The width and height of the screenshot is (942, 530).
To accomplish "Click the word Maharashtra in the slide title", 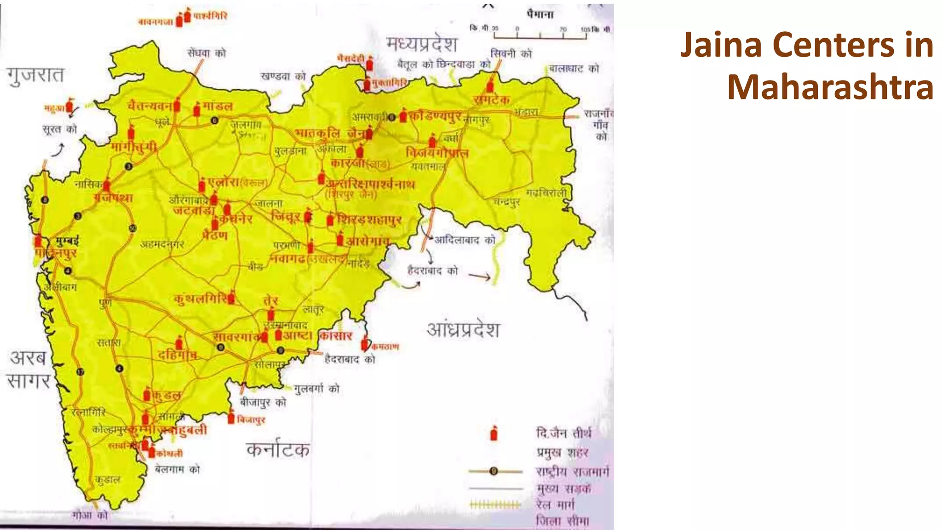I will coord(830,87).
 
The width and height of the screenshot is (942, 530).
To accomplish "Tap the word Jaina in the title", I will coord(721,45).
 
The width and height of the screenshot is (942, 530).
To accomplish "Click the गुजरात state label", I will coord(35,75).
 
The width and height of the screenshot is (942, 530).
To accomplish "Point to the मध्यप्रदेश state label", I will coord(422,44).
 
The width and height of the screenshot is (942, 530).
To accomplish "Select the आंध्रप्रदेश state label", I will coord(463,329).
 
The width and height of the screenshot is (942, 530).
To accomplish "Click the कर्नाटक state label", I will coord(278,449).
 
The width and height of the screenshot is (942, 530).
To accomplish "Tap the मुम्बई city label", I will coord(67,241).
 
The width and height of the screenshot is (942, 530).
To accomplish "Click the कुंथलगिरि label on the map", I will coord(201,299).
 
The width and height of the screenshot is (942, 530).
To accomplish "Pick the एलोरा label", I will coord(224,182).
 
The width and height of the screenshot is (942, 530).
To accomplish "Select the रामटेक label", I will coord(491,99).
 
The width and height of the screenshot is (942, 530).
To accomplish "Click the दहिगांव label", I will coord(177,355).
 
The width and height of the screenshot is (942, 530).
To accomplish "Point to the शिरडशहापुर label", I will coord(370,220).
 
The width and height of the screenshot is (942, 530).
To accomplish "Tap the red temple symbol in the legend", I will coord(494,433).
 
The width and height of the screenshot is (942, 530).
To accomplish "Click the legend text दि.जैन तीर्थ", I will coord(563,433).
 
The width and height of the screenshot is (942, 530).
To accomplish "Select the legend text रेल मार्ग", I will coord(555,505).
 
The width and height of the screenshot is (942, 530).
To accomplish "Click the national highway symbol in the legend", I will coord(494,471).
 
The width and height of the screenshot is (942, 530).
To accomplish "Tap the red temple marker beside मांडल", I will coord(197,109).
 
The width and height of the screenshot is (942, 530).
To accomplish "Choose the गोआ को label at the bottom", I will coord(90,515).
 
